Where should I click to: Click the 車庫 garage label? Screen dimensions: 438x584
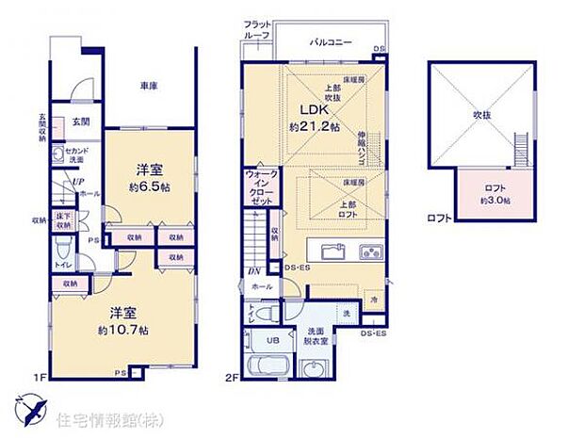pos(148,87)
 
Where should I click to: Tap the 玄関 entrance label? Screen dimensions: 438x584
pos(81,122)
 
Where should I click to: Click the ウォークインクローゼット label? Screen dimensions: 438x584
pos(260,188)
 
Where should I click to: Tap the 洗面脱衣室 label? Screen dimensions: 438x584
pos(316,335)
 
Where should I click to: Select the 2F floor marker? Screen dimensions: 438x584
pos(233,379)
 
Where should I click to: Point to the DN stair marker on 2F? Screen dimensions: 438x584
pos(253,271)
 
